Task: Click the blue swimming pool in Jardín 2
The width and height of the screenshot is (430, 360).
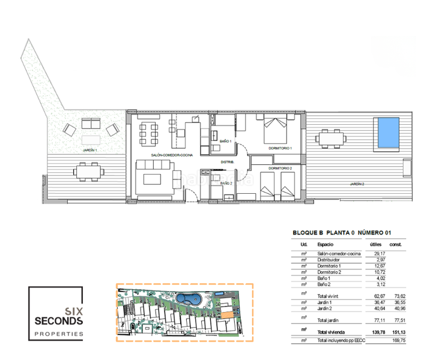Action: click(387, 133)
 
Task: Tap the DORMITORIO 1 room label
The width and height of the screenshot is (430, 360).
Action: click(280, 148)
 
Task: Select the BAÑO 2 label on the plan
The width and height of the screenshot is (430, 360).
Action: click(226, 183)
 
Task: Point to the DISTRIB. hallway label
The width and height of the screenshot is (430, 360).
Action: click(227, 163)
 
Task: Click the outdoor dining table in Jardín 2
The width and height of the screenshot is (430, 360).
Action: click(332, 140)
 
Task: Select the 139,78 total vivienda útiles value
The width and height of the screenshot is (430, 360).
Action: click(377, 332)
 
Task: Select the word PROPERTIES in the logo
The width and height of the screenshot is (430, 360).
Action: click(58, 333)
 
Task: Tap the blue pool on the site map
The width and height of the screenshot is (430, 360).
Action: click(192, 298)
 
